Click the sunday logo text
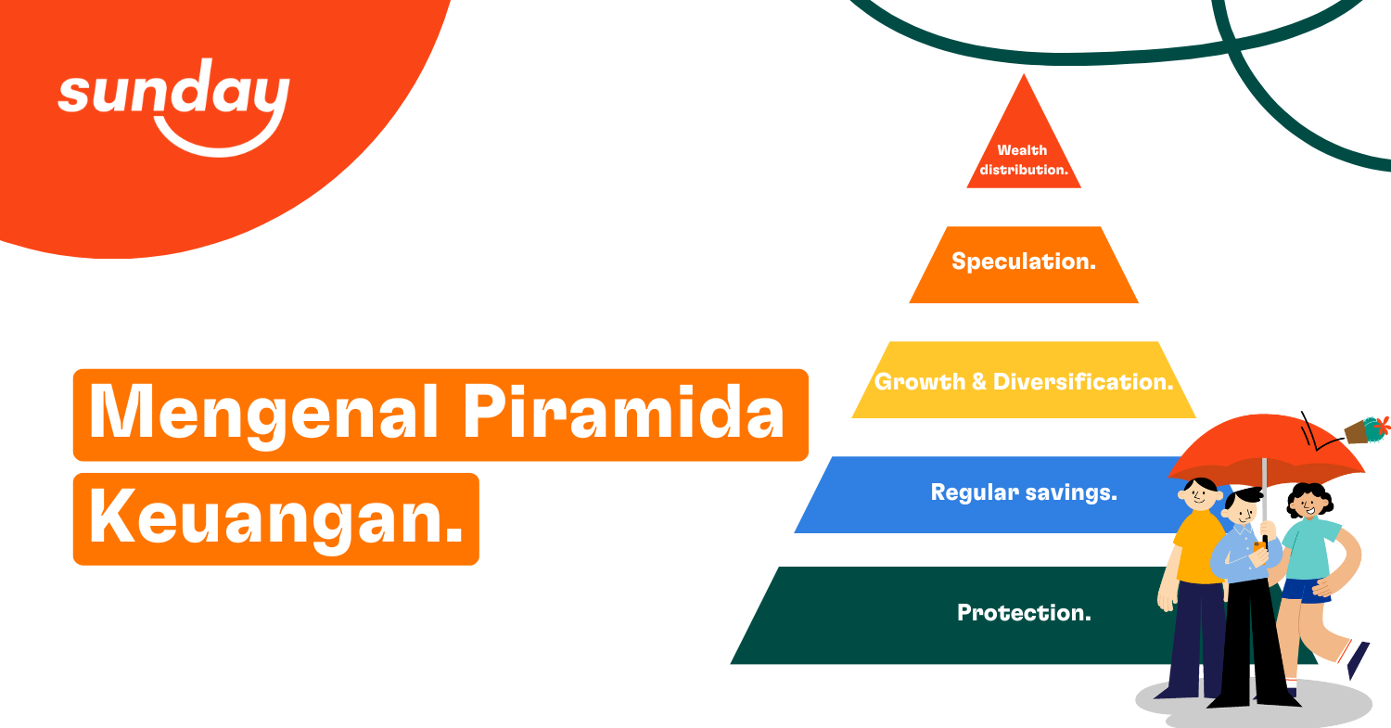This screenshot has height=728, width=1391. pyautogui.click(x=173, y=94)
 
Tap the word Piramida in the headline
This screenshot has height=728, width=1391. pyautogui.click(x=622, y=414)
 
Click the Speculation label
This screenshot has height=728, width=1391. pyautogui.click(x=1023, y=262)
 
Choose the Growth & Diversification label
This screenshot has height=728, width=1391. pyautogui.click(x=1024, y=381)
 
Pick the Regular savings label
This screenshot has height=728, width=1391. pyautogui.click(x=1024, y=492)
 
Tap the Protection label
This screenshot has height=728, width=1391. pyautogui.click(x=1024, y=613)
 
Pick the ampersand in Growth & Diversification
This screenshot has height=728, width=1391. pyautogui.click(x=978, y=382)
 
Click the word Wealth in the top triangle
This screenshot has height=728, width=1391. pyautogui.click(x=1022, y=150)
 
